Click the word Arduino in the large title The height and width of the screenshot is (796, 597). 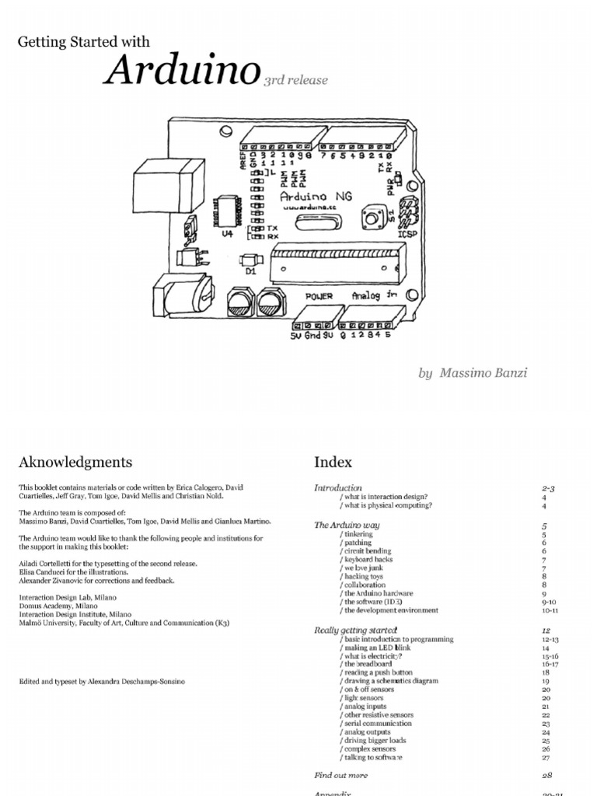pos(182,72)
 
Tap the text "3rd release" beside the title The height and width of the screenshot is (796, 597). pos(295,79)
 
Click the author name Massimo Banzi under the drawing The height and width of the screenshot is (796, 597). pos(484,372)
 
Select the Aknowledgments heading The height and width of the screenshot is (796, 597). pos(75,463)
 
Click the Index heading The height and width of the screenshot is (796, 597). pos(333,463)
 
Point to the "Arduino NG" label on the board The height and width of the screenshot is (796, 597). pos(316,197)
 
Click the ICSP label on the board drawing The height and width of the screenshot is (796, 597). pos(407,232)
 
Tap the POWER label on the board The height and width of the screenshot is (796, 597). pos(319,296)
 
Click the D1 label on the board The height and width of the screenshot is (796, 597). pos(251,272)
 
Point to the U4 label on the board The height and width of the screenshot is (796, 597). pos(227,232)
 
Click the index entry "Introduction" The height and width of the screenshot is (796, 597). pos(338,488)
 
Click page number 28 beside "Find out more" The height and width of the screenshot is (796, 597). pos(547,775)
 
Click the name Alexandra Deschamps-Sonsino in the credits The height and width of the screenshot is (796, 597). pos(153,681)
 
